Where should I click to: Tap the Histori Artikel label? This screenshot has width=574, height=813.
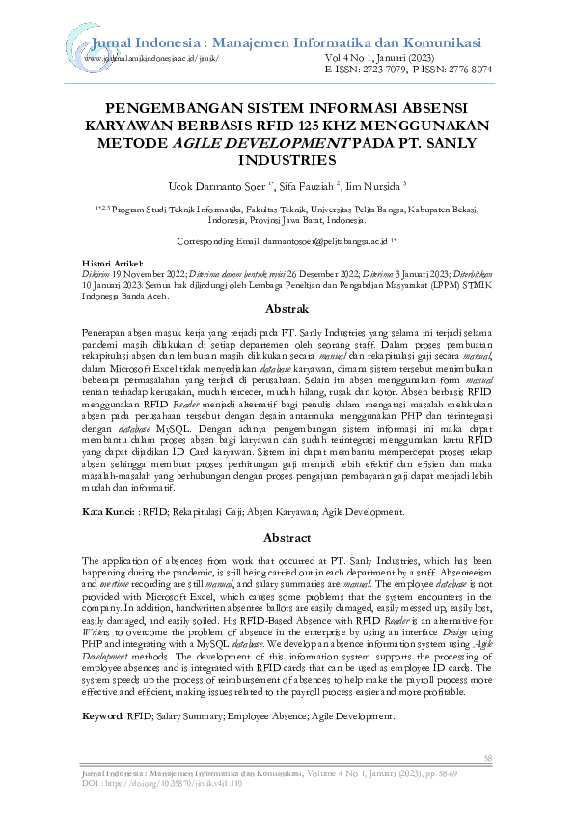113,263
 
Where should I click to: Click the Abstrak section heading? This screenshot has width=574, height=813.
287,310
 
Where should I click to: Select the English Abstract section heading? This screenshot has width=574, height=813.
287,537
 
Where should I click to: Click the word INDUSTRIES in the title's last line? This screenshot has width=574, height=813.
287,160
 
